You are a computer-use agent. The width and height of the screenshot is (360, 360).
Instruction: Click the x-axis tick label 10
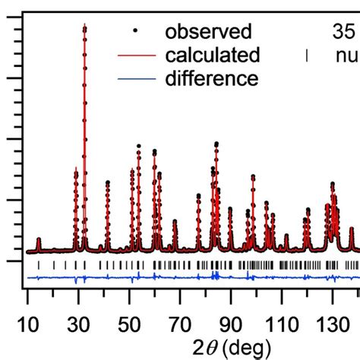28,321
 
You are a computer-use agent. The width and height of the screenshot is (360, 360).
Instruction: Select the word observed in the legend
208,32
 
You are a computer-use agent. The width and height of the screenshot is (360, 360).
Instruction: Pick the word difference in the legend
212,78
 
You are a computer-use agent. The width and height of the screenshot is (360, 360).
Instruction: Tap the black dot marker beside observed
135,32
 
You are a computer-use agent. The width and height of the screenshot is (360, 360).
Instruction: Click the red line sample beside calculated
135,55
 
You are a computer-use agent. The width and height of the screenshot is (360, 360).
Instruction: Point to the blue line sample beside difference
135,78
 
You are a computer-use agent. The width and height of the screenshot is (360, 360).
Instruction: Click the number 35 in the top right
344,32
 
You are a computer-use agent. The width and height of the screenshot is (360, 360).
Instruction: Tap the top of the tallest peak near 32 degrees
84,27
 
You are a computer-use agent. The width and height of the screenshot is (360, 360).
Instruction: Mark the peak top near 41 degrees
108,182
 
